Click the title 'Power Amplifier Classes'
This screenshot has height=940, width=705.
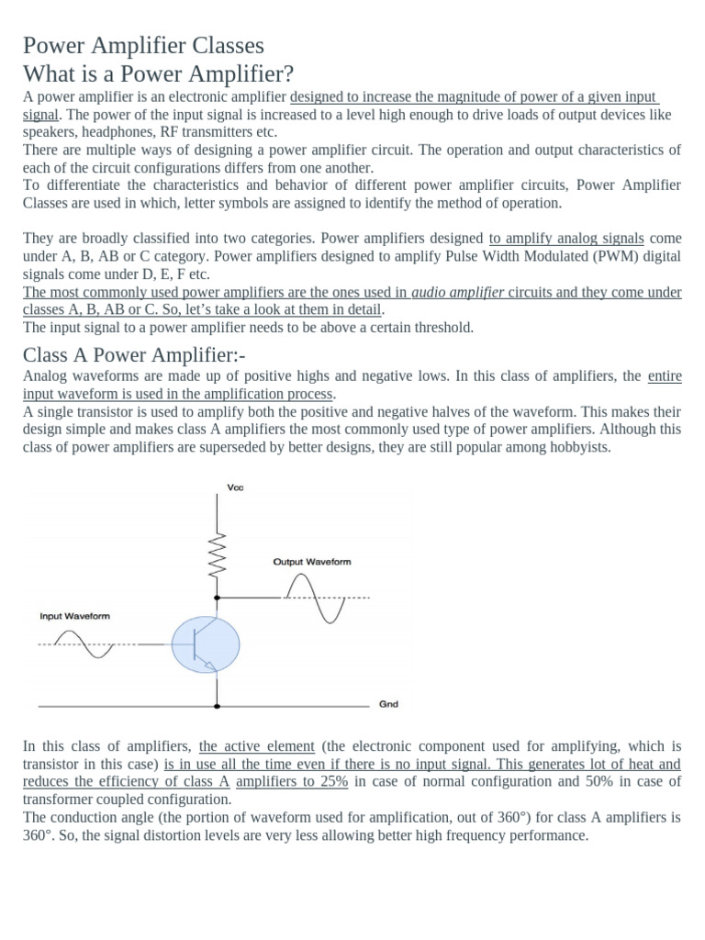pyautogui.click(x=143, y=45)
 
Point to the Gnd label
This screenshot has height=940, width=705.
pyautogui.click(x=388, y=705)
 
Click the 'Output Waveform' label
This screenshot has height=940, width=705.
pyautogui.click(x=311, y=561)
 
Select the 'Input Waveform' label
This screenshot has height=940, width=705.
pyautogui.click(x=74, y=616)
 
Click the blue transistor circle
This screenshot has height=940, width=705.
pyautogui.click(x=205, y=644)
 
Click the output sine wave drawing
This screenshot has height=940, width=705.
pyautogui.click(x=316, y=598)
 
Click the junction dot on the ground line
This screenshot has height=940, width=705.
pyautogui.click(x=218, y=707)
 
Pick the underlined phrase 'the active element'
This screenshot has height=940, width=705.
pyautogui.click(x=256, y=746)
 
